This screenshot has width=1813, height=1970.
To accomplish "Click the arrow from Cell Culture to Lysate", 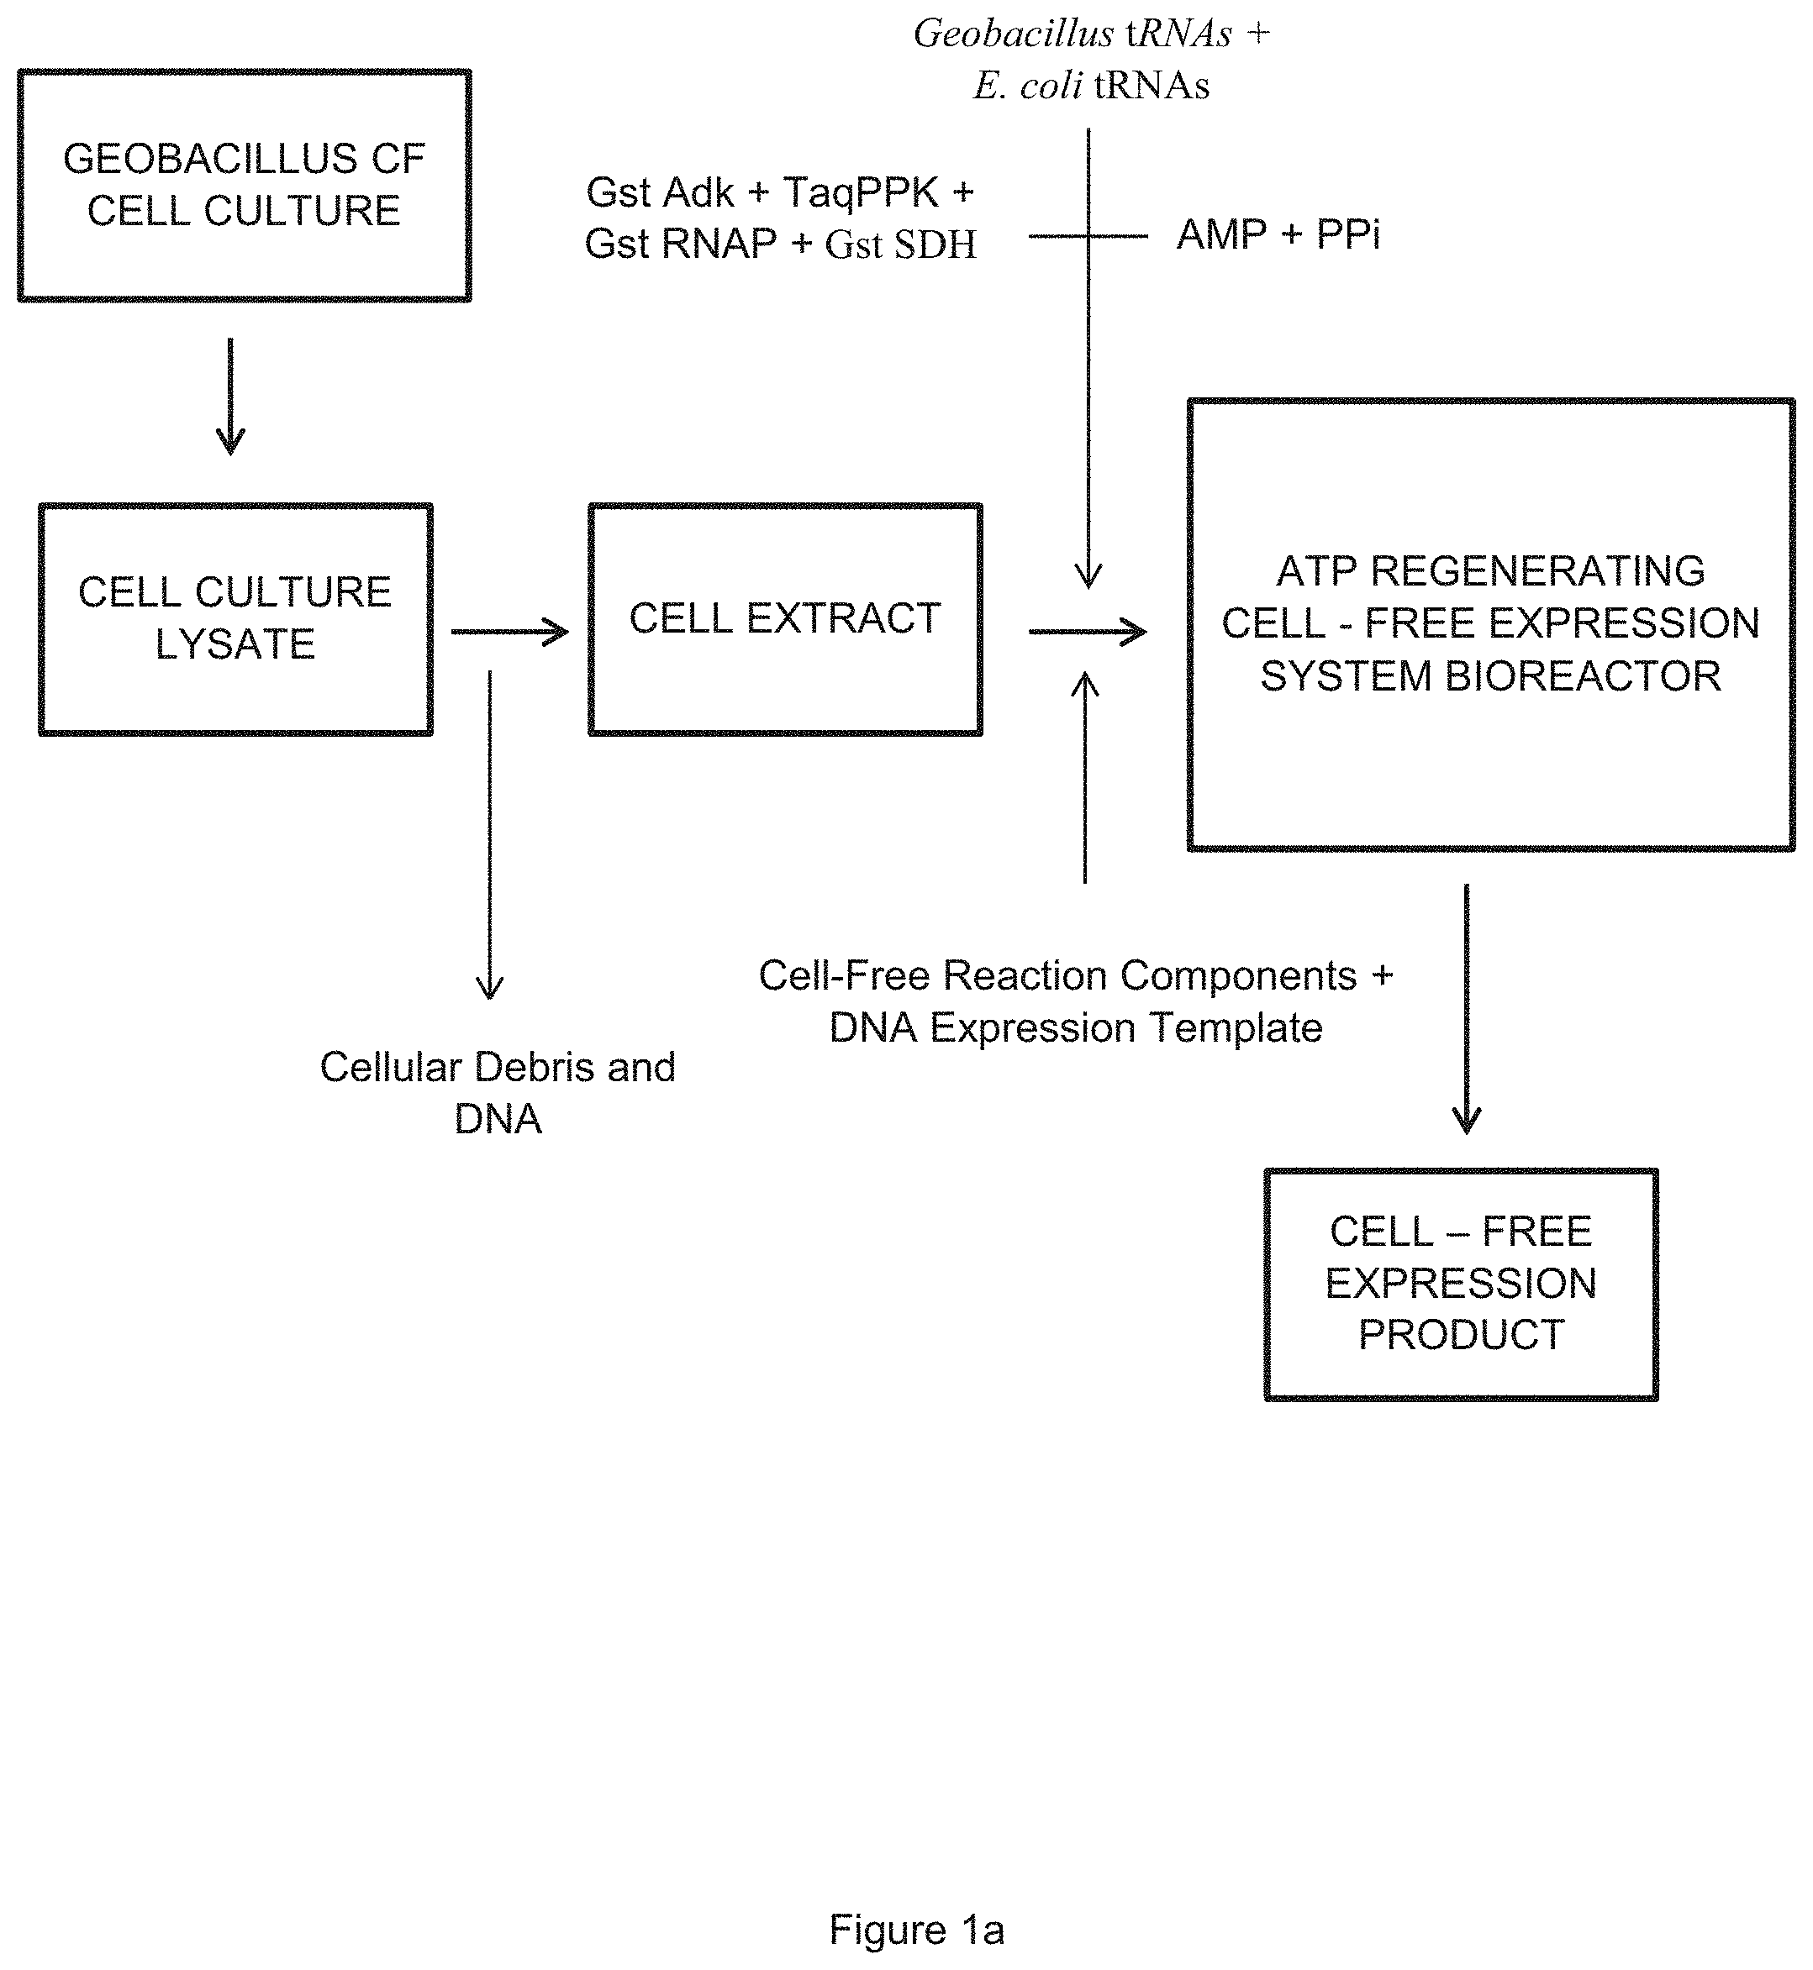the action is [x=230, y=397].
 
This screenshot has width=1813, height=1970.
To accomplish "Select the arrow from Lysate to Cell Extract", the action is [x=510, y=633].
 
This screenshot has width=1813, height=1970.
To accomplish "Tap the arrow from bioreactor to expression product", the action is [x=1467, y=1009].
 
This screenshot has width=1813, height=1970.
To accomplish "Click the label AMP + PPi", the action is [x=1278, y=234].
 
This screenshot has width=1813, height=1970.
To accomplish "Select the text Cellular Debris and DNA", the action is [x=498, y=1092].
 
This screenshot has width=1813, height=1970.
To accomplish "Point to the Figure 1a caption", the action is [x=917, y=1929].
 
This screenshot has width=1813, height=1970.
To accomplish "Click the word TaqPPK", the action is [x=861, y=192].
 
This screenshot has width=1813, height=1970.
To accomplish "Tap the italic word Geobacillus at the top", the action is [x=1014, y=34].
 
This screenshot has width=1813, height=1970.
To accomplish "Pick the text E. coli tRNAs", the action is [x=1092, y=86].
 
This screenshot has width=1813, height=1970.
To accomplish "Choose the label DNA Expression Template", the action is [x=1076, y=1027].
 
